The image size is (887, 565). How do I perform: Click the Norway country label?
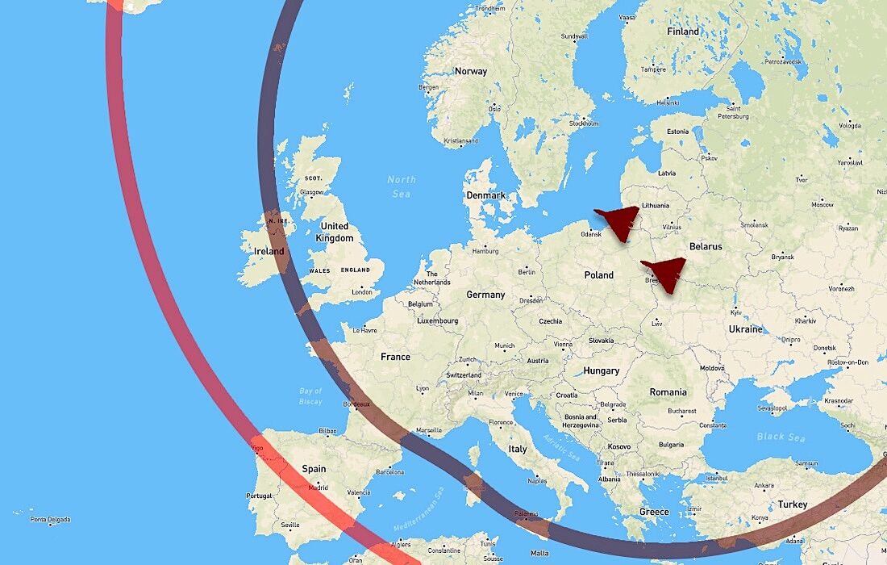point(471,71)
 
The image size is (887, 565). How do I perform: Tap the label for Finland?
point(683,31)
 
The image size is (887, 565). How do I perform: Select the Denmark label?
point(485,195)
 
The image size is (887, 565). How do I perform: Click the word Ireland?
point(269,251)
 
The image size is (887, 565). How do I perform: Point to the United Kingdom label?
point(335,232)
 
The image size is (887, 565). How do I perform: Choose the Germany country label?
point(485,295)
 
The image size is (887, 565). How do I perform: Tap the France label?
point(395,357)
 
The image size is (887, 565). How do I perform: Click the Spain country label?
point(314,469)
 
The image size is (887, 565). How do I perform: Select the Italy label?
point(518,449)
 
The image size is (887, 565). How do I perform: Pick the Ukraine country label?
point(745,329)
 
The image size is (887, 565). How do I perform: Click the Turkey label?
point(793,504)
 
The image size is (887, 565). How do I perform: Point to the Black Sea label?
point(781,437)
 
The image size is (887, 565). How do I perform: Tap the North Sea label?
point(401,186)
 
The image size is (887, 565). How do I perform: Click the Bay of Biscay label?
point(310,396)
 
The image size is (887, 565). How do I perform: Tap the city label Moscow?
point(822,204)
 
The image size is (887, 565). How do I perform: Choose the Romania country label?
point(668,392)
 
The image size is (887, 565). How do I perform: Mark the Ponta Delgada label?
point(50,519)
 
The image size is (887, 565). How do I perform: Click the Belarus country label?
point(706,247)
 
